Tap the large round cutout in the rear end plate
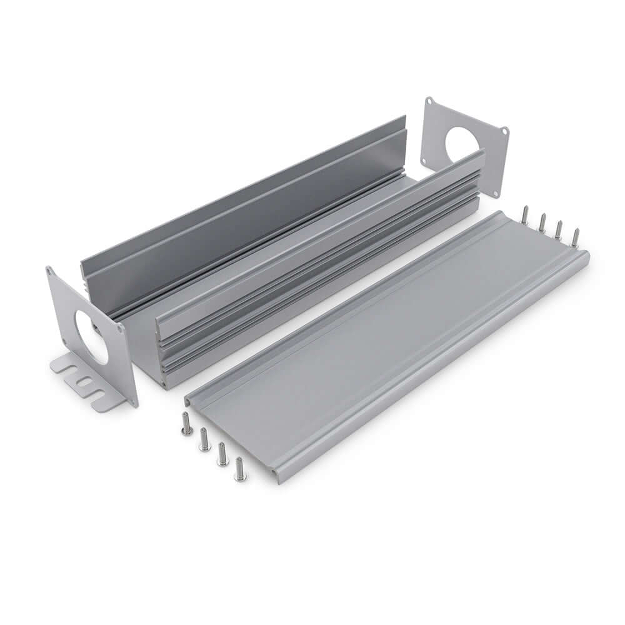pyautogui.click(x=462, y=144)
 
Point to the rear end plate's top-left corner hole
pyautogui.click(x=429, y=102)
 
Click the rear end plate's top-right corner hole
pyautogui.click(x=504, y=131)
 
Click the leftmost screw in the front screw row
pyautogui.click(x=186, y=424)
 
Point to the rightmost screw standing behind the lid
pyautogui.click(x=576, y=237)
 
